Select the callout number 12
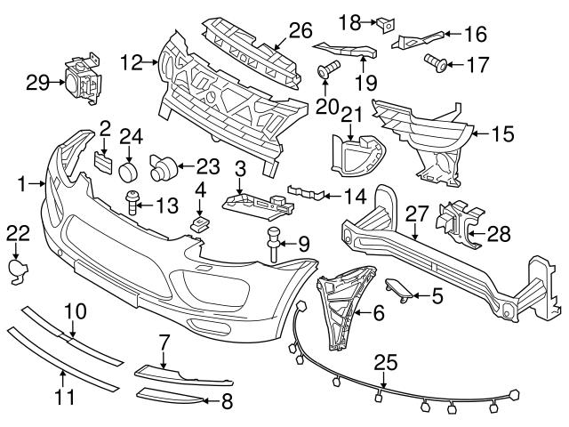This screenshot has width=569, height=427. tap(132, 63)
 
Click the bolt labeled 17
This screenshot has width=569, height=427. tap(436, 62)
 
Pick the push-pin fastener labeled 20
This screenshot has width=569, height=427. tap(326, 72)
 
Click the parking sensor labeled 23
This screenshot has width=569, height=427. tap(162, 165)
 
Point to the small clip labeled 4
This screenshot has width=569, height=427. tap(200, 218)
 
